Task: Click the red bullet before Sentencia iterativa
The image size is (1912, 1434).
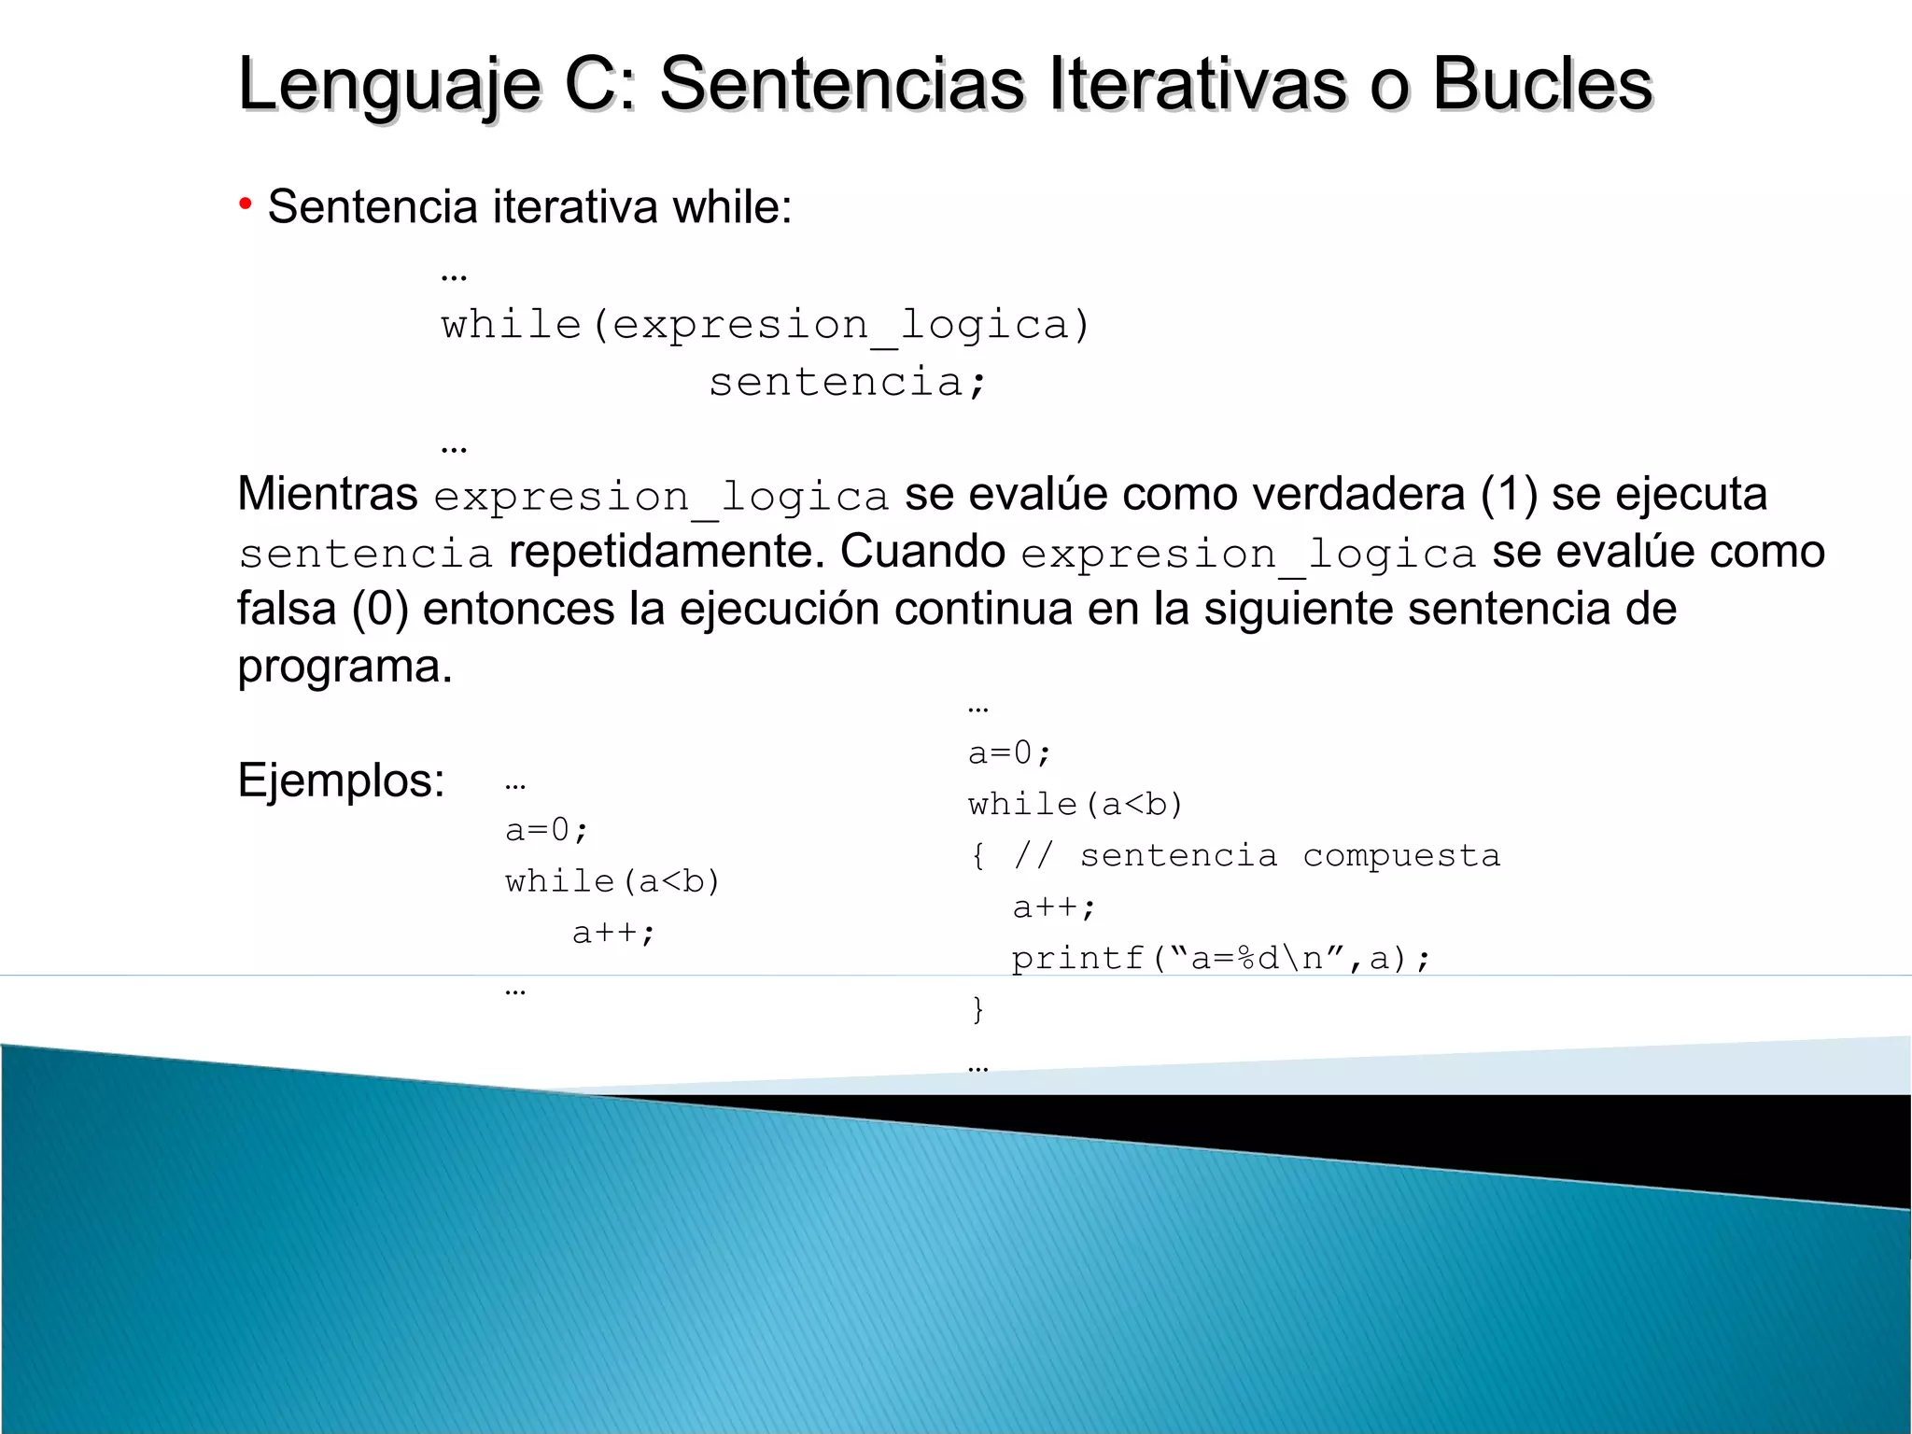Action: pos(246,204)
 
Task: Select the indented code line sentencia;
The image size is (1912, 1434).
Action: pos(847,382)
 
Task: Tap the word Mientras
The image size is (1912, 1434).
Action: pos(328,494)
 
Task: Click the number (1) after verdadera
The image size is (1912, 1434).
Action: pos(1509,494)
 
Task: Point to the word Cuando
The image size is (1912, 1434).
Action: pos(922,552)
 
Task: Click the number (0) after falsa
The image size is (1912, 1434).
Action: pos(381,609)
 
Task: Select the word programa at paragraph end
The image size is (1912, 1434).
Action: pos(344,667)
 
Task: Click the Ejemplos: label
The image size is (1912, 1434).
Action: pos(342,780)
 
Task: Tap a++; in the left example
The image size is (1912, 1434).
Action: pos(614,933)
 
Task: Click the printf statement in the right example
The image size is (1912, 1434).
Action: pos(1220,958)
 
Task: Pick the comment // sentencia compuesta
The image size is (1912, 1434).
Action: pos(1257,855)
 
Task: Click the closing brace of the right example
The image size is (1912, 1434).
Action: pos(977,1009)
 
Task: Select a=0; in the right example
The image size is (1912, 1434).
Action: pos(1010,752)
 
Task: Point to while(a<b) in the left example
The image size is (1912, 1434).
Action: pos(612,881)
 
